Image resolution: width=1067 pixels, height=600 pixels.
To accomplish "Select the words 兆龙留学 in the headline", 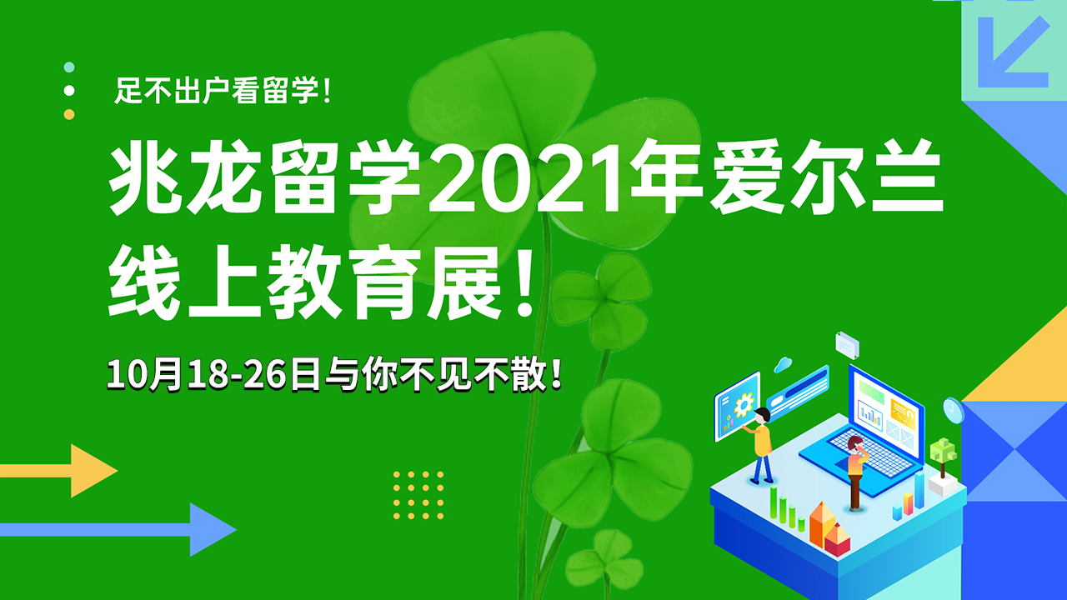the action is click(x=265, y=177).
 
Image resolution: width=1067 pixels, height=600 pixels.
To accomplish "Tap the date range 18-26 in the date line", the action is click(x=238, y=375).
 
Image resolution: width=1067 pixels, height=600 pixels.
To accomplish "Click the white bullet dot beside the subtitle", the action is click(x=69, y=91).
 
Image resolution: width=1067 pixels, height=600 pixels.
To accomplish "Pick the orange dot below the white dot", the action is click(x=69, y=114).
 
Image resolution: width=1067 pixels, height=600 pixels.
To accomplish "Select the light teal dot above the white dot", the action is click(x=69, y=67).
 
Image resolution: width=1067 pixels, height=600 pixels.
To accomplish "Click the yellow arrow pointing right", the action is click(x=58, y=471).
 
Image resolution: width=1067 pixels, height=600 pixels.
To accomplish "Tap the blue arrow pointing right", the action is click(x=118, y=529).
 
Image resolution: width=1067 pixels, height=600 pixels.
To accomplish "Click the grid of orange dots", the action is click(x=418, y=495).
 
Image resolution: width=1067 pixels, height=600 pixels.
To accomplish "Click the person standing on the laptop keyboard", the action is click(x=856, y=472).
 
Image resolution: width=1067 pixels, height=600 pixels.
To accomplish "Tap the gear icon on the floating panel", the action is click(x=744, y=406).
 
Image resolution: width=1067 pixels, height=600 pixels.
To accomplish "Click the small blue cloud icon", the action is click(x=783, y=365).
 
